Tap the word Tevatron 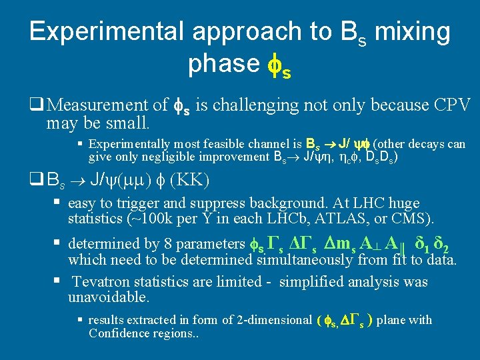coord(102,282)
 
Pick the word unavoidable coord(108,297)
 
